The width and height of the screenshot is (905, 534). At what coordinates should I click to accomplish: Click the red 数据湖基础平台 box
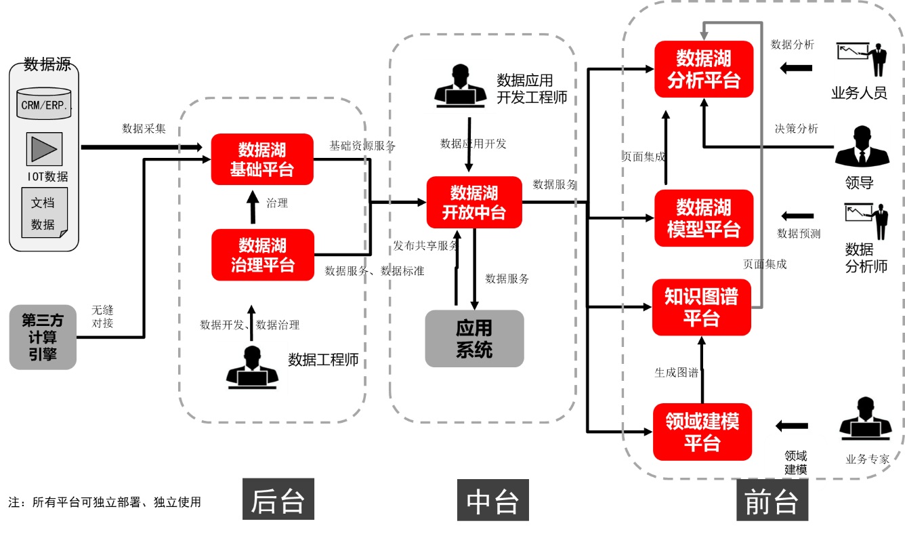click(262, 159)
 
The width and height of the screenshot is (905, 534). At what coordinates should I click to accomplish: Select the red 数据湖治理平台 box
click(263, 255)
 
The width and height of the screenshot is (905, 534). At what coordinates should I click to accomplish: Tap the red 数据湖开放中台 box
click(474, 202)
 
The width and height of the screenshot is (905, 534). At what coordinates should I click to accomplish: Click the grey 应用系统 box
click(474, 339)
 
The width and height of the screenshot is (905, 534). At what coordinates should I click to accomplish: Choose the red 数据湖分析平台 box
click(704, 69)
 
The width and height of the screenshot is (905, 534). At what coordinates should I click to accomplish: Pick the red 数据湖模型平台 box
click(704, 218)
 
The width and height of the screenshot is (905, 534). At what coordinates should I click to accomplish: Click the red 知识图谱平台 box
click(702, 307)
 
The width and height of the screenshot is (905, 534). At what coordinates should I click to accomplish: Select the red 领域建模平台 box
click(702, 432)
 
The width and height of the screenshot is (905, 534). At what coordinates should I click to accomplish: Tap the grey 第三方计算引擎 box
click(43, 337)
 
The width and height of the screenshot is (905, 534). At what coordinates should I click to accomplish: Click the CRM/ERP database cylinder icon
click(45, 103)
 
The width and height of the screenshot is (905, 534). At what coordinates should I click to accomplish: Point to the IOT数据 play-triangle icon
click(44, 149)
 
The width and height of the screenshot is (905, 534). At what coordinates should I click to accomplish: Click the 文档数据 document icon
click(44, 213)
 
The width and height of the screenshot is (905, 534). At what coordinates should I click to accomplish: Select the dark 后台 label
click(278, 500)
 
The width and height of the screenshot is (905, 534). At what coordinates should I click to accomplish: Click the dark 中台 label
click(492, 500)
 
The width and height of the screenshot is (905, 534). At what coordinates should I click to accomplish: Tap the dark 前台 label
click(772, 501)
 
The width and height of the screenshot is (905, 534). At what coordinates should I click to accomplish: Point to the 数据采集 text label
click(144, 129)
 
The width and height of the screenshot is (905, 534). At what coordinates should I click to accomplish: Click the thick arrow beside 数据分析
click(795, 68)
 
